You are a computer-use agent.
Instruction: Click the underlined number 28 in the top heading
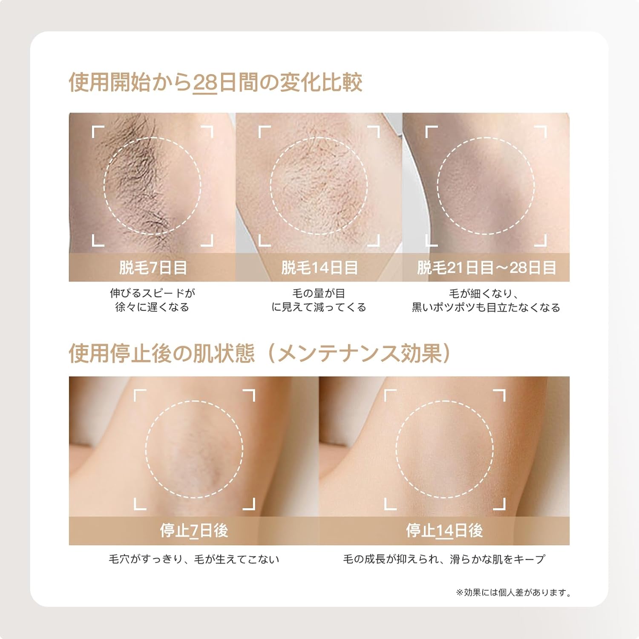click(205, 83)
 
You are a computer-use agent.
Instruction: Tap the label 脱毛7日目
click(153, 268)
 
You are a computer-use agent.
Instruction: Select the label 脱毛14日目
click(319, 268)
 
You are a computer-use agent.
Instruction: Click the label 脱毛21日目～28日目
click(486, 268)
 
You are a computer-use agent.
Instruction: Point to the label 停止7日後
click(194, 530)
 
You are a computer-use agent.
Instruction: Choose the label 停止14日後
click(444, 530)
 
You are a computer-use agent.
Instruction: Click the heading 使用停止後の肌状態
click(162, 353)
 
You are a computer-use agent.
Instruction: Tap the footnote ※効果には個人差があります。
click(513, 593)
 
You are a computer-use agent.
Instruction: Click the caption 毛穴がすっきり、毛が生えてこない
click(194, 559)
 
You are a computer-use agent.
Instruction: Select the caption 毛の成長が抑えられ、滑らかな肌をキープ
click(444, 559)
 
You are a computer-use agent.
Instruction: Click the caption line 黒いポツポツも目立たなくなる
click(486, 307)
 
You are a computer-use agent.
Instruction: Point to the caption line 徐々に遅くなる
click(153, 307)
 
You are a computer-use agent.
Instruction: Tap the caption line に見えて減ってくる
click(319, 307)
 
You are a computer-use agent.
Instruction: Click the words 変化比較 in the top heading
click(321, 83)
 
